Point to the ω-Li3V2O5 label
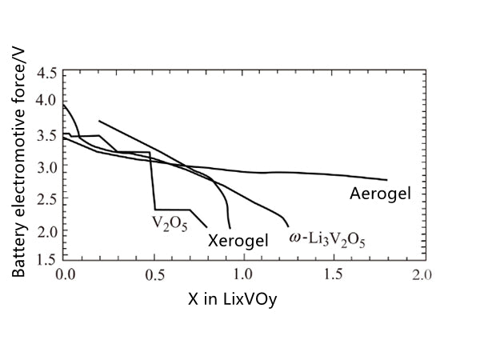(x=326, y=238)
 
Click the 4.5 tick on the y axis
(x=47, y=74)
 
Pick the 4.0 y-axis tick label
(x=47, y=101)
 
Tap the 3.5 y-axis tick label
(x=47, y=135)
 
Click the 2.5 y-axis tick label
(x=47, y=200)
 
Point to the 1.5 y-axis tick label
(x=47, y=258)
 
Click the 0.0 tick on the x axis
(x=66, y=274)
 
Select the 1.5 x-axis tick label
(x=333, y=274)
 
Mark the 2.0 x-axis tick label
(x=421, y=274)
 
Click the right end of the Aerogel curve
(x=386, y=180)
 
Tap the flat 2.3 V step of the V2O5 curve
(x=172, y=210)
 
